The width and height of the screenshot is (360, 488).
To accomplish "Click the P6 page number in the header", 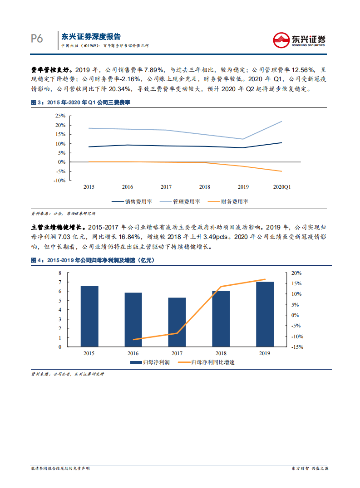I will click(37, 39).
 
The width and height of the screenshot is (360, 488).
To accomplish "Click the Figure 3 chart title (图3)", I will click(80, 103).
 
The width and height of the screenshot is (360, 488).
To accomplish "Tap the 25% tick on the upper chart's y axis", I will click(60, 116).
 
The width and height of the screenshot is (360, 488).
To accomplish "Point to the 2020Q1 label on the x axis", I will click(281, 186).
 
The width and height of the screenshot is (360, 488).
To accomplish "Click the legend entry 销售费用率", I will click(136, 202).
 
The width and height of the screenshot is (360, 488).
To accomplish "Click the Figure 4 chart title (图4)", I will click(92, 260).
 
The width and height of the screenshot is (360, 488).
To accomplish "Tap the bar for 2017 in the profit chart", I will click(177, 322).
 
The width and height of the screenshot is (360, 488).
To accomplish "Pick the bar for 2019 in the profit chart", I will click(265, 314).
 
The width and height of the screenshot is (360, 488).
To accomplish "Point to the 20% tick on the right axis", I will click(296, 273).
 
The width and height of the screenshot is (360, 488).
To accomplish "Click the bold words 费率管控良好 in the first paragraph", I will click(50, 69).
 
